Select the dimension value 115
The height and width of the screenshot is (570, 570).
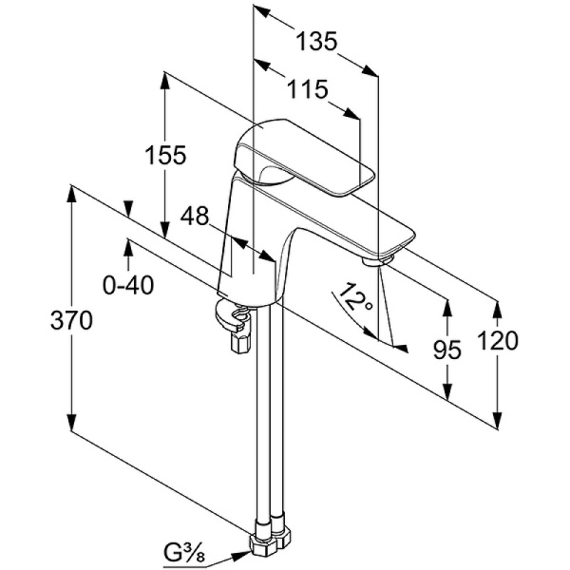coord(308,90)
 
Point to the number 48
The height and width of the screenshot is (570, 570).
coord(195,217)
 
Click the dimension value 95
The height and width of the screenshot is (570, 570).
coord(446,350)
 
